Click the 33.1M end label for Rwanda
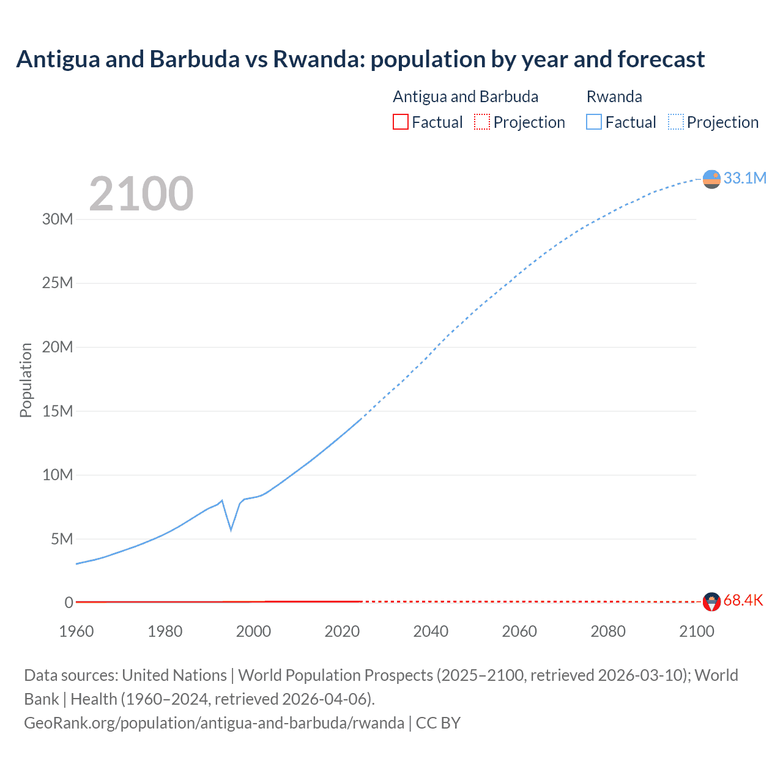(x=744, y=178)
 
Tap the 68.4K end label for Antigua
(x=743, y=600)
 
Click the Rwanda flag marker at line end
(x=711, y=179)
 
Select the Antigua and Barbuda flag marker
(x=711, y=602)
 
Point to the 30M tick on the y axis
(x=58, y=219)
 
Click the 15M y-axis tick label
(x=58, y=411)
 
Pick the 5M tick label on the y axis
(x=62, y=539)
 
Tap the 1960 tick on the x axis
(x=76, y=631)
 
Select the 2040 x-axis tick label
(x=431, y=631)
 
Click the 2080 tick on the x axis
(x=608, y=631)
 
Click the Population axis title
(x=26, y=380)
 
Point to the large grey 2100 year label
(x=141, y=194)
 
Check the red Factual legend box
(x=401, y=122)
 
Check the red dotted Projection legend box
(x=482, y=122)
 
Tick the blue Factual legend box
(x=594, y=122)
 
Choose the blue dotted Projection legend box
(x=676, y=122)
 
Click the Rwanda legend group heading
(x=614, y=97)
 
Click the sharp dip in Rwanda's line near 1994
(x=231, y=529)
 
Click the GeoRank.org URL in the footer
(x=214, y=723)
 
